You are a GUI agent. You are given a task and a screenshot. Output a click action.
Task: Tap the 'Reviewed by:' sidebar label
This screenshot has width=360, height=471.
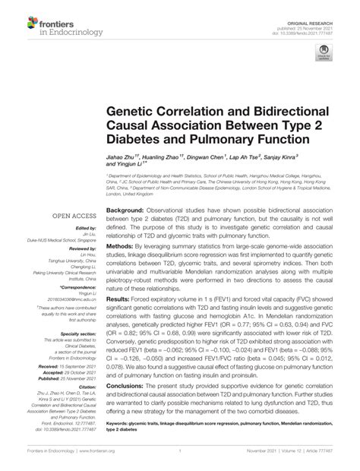80,248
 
